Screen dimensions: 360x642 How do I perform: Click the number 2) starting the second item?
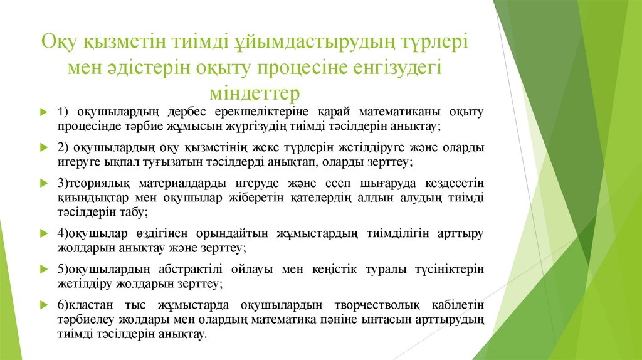coord(62,148)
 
